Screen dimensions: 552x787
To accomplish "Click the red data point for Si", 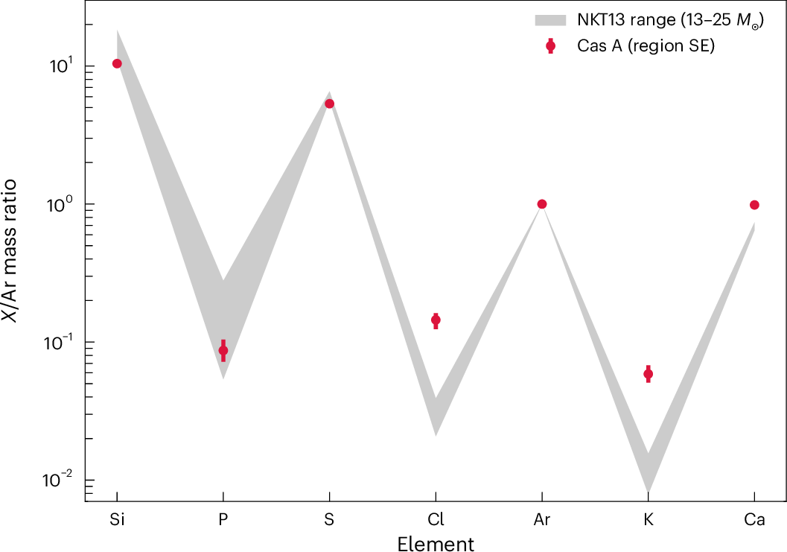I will pos(117,63).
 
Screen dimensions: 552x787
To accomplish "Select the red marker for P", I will pos(223,350).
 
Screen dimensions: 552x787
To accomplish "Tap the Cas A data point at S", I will pos(329,104).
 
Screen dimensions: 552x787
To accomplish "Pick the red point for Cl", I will pos(436,320).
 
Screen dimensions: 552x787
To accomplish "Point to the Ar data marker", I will pos(542,204).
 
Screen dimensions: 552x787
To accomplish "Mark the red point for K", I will pos(649,374).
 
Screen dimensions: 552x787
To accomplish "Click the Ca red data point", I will pos(754,205).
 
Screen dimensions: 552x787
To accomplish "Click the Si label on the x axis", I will pos(117,520).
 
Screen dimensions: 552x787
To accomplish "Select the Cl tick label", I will pos(436,520).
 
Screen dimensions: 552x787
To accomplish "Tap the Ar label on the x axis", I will pos(542,520).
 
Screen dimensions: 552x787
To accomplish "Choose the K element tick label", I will pos(649,520).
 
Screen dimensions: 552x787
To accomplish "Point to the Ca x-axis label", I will pos(754,520).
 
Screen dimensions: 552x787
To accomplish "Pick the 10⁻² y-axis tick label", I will pos(54,480).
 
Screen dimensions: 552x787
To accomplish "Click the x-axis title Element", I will pos(436,543).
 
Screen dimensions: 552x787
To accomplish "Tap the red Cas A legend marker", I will pos(550,46).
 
